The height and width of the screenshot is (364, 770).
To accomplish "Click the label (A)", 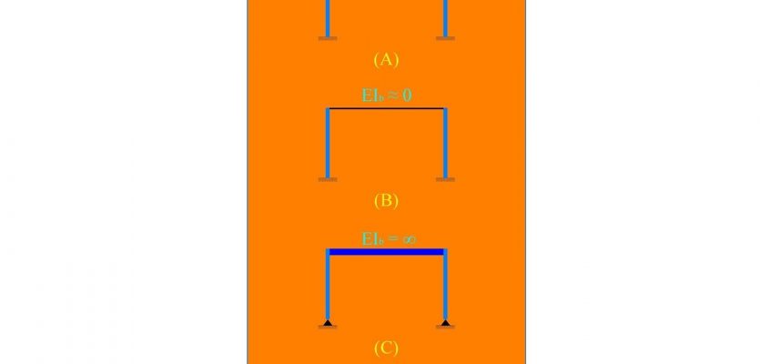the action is pos(386,60).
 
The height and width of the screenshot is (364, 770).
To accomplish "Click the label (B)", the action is pos(386,201).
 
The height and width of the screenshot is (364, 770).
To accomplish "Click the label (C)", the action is pos(386,349).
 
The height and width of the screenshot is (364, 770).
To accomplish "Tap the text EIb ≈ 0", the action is pos(387,95).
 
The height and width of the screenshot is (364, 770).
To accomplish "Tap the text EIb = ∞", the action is pos(389,239).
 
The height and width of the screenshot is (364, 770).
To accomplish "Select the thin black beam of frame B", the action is pos(387,108).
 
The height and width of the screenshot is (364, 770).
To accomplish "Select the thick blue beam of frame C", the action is pos(387,252).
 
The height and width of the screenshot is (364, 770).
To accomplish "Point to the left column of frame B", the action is pos(328,143).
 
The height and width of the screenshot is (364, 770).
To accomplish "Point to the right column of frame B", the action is pos(445,143).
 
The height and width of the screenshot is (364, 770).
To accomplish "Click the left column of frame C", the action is pos(328,286).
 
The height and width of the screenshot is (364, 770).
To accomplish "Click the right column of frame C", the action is pos(445,286).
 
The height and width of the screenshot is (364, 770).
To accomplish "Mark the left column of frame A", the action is pos(328,18).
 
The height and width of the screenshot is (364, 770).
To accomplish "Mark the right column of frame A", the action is pos(445,18).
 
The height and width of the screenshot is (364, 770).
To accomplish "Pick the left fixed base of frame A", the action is pos(328,38).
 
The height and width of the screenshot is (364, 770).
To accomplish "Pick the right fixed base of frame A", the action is pos(445,38).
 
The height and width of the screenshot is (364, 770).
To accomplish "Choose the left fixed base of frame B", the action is pos(328,180).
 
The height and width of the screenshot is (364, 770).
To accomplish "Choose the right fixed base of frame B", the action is pos(445,180).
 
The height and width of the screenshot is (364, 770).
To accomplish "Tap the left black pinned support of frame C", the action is pos(328,323).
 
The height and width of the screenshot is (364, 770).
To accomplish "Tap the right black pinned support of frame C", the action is pos(445,323).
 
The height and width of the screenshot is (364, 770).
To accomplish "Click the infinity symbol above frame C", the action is pos(409,240).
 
